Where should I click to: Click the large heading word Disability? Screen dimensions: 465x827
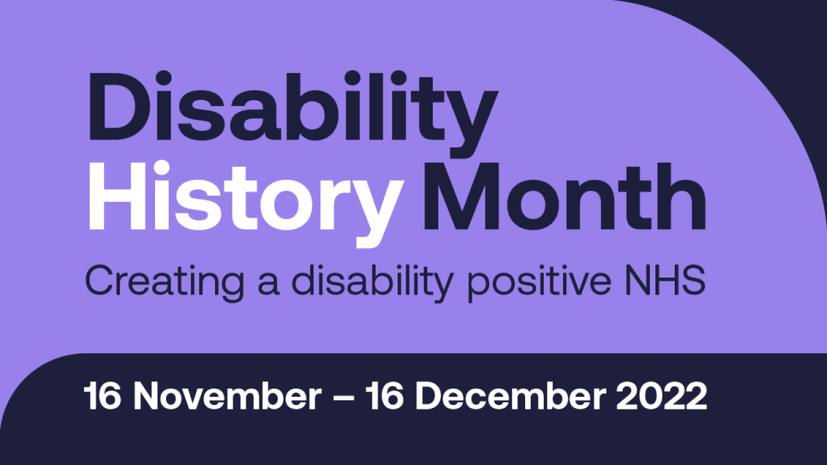pos(290,108)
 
